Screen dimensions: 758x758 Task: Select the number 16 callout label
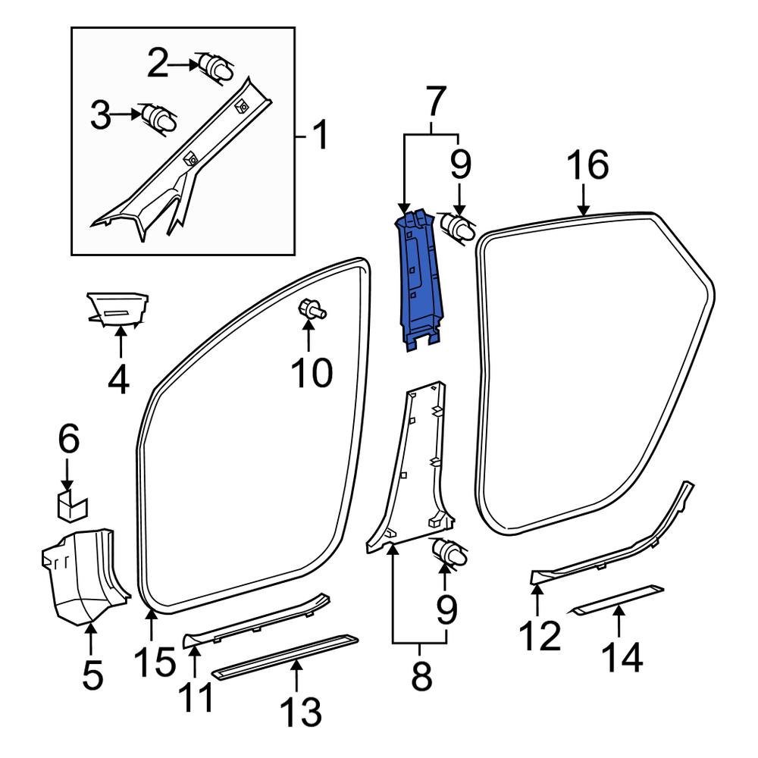587,165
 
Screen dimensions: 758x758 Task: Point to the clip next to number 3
159,119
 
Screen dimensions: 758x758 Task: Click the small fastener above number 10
310,309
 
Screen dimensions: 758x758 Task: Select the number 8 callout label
420,677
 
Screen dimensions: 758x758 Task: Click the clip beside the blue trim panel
456,226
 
